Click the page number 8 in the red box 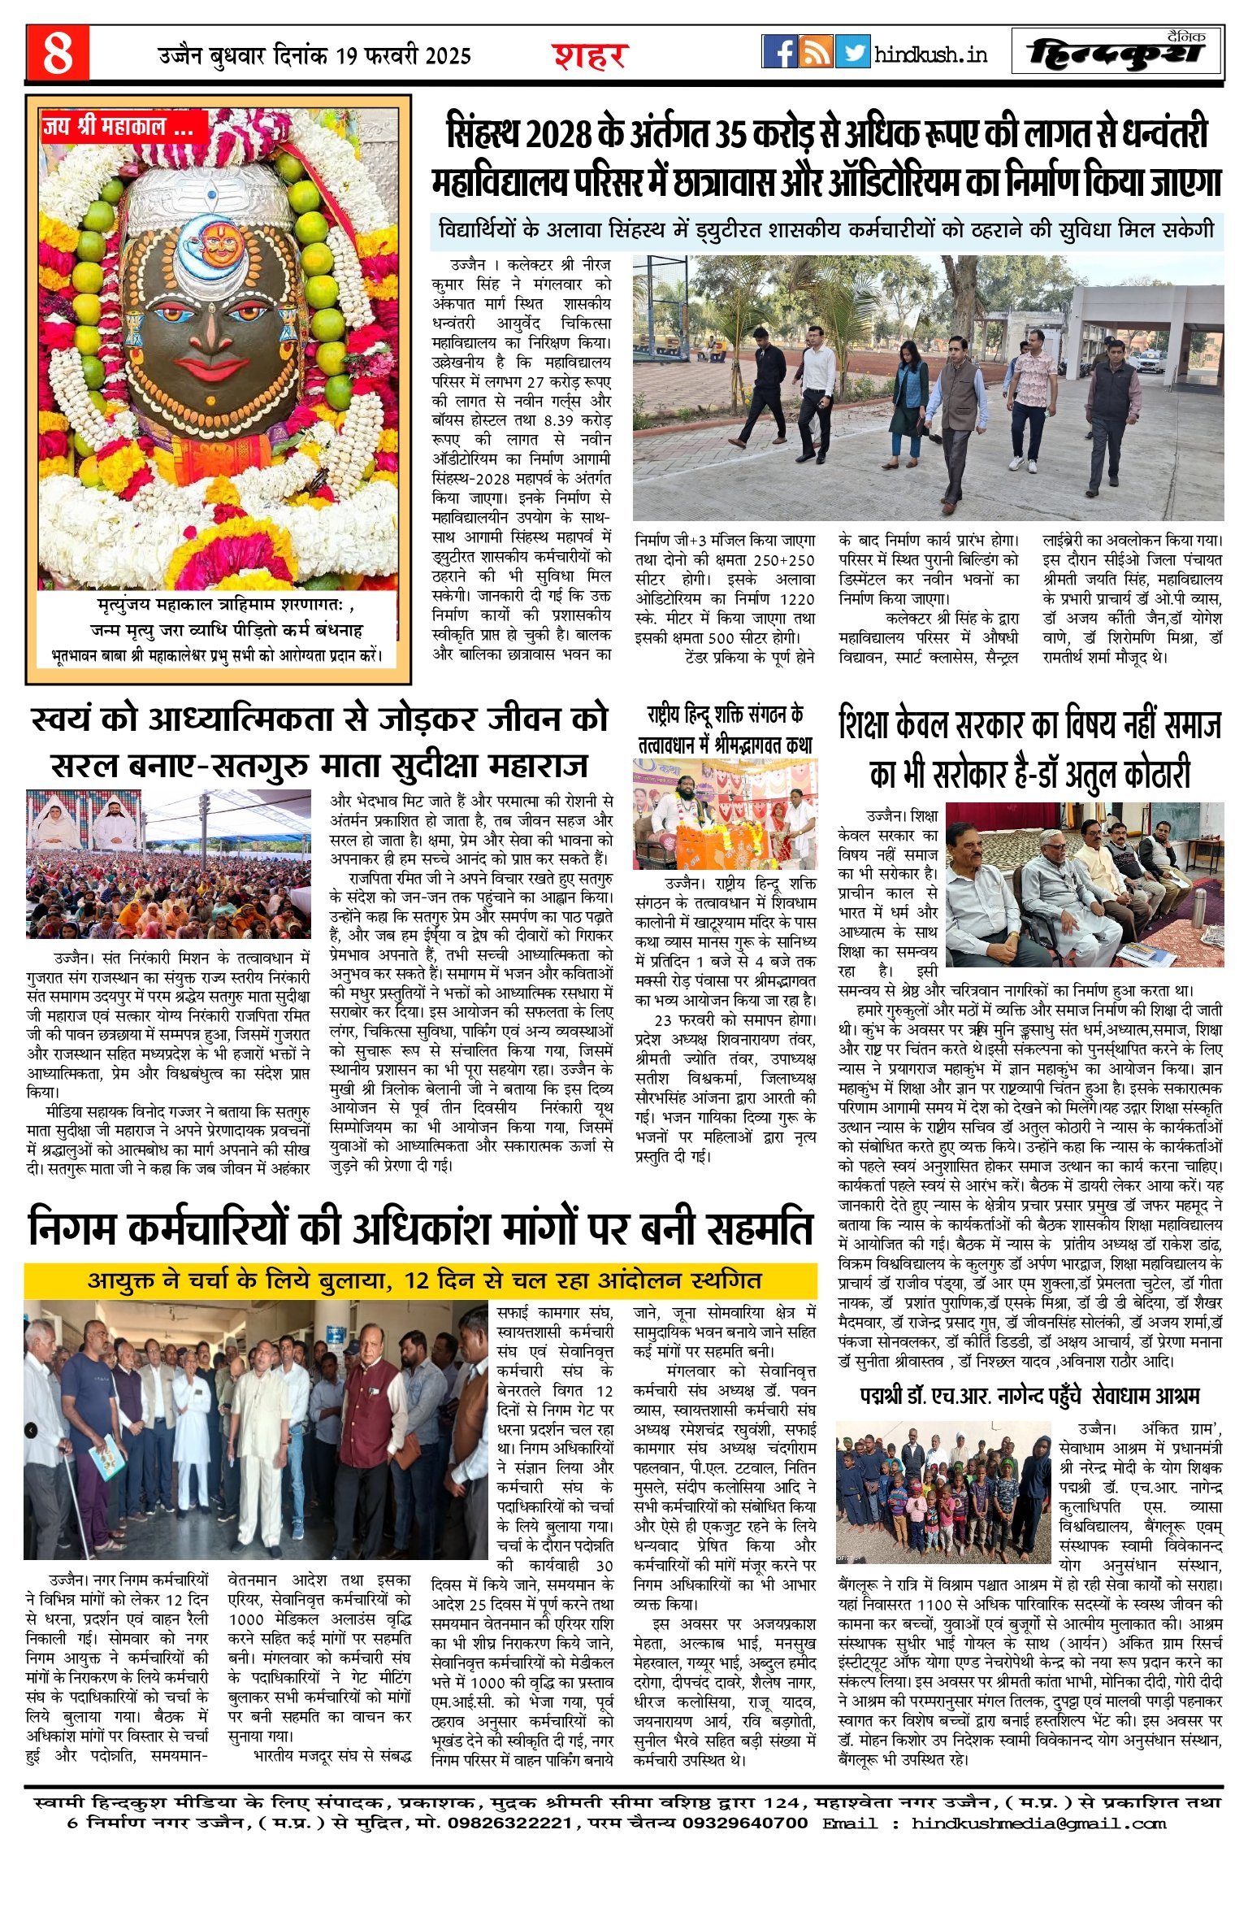57,54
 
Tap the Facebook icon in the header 779,51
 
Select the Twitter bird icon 851,51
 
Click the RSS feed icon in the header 816,51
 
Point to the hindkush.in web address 930,54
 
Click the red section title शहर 591,56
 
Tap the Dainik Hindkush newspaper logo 1117,54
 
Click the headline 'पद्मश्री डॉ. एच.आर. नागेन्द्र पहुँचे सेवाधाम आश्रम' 1029,1396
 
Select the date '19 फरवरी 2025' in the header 403,56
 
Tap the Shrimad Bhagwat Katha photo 725,815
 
